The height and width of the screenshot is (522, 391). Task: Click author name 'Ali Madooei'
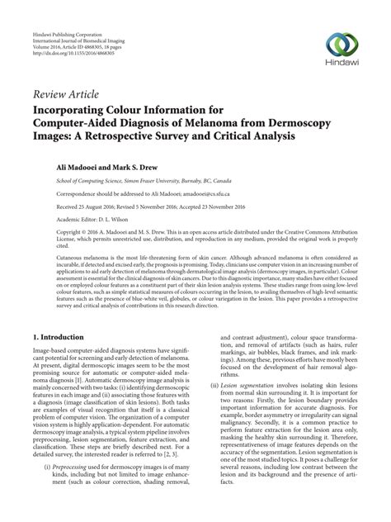[x=59, y=165]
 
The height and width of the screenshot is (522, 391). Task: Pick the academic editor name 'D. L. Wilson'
[x=114, y=219]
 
